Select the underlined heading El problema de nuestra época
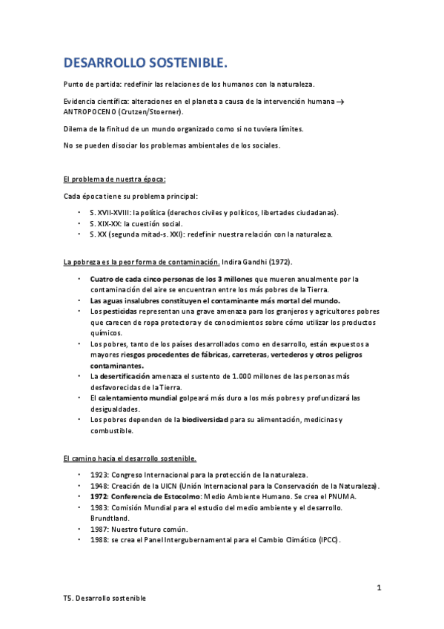[x=115, y=180]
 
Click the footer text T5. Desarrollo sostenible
[x=105, y=598]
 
